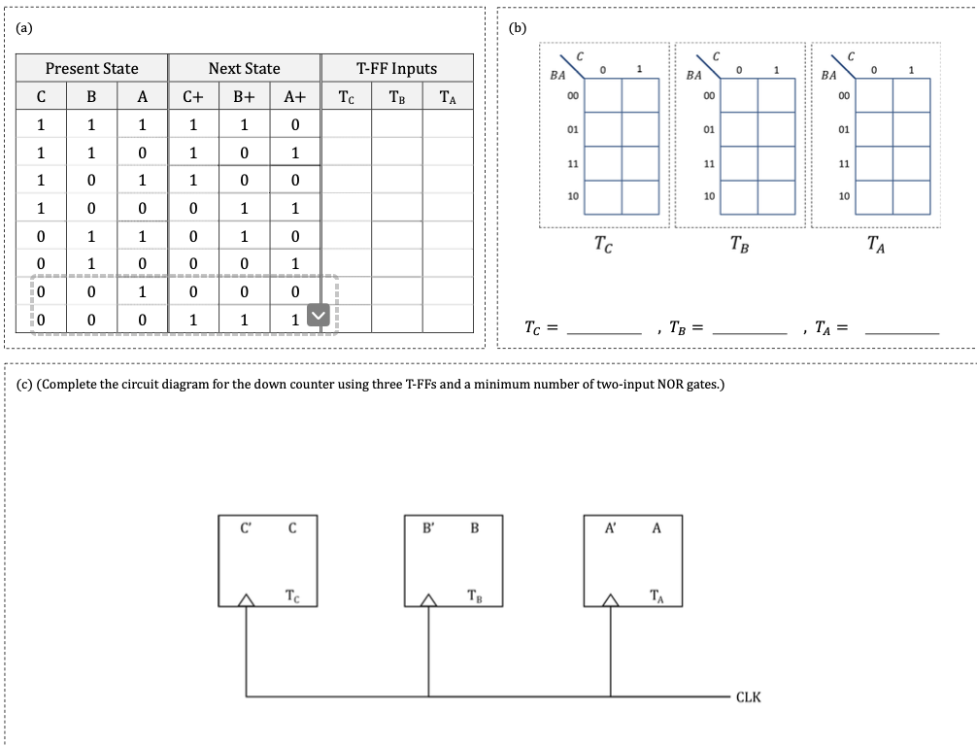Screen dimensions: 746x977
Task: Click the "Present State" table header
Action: coord(91,69)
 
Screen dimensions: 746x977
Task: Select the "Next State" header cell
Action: coord(244,69)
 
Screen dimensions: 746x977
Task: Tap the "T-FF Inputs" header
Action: coord(396,69)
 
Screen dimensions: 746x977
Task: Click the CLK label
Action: coord(748,697)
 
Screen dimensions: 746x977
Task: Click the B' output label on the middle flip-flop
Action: coord(427,529)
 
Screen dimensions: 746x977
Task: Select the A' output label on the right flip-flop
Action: coord(611,529)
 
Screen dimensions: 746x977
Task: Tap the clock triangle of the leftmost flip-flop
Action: coord(246,600)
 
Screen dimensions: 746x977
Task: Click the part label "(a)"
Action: coord(23,28)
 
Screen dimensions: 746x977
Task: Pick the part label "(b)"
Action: coord(518,28)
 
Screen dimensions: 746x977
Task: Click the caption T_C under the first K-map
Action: coord(602,244)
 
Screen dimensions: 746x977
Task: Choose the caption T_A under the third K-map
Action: coord(876,244)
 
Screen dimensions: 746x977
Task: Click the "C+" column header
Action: coord(192,96)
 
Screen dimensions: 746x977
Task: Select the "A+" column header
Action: coord(294,96)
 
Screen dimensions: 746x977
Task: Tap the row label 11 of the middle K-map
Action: coord(708,163)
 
